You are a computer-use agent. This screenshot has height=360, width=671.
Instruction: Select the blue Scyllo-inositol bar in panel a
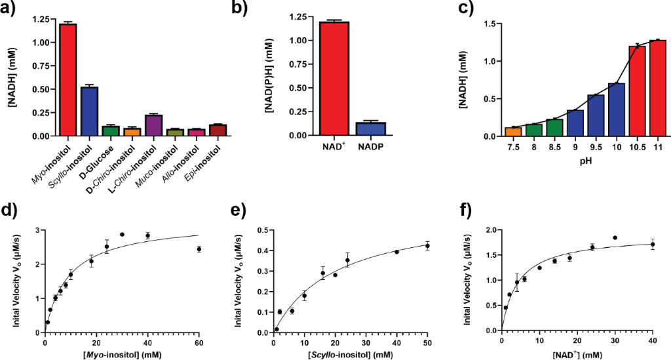[x=89, y=111]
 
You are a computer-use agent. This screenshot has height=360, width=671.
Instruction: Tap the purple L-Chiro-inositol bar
[x=153, y=125]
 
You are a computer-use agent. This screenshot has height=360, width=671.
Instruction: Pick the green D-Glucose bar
[x=111, y=130]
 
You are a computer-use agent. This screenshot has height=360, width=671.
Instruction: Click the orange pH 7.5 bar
[x=513, y=132]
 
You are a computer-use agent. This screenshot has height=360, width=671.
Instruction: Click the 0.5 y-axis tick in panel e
[x=260, y=230]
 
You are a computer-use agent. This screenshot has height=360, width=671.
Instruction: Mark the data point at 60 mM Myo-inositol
[x=199, y=249]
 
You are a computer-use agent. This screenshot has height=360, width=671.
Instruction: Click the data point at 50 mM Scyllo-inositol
[x=427, y=246]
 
